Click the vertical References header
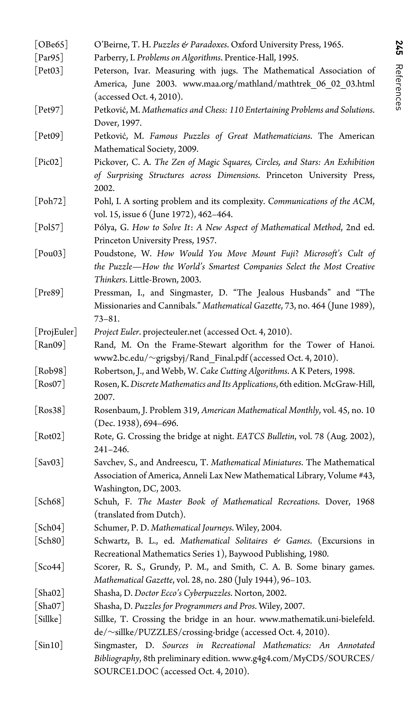(399, 88)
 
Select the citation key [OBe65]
(51, 45)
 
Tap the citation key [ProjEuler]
(56, 332)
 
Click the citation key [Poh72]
(50, 201)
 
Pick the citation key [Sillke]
(48, 619)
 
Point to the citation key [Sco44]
(50, 567)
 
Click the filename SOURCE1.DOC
(126, 672)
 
